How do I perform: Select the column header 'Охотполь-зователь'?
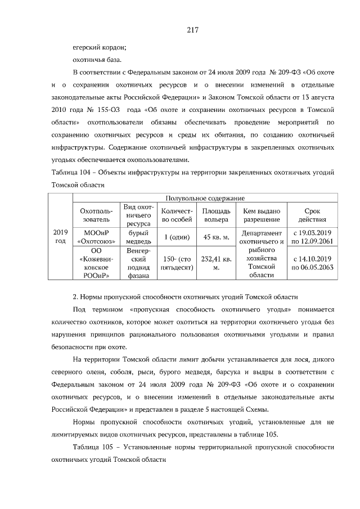coord(96,215)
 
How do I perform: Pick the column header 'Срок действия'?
coord(312,215)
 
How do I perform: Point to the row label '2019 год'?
coord(60,237)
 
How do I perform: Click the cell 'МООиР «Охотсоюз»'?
coord(96,237)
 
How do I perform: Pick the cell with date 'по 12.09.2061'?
coord(312,241)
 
